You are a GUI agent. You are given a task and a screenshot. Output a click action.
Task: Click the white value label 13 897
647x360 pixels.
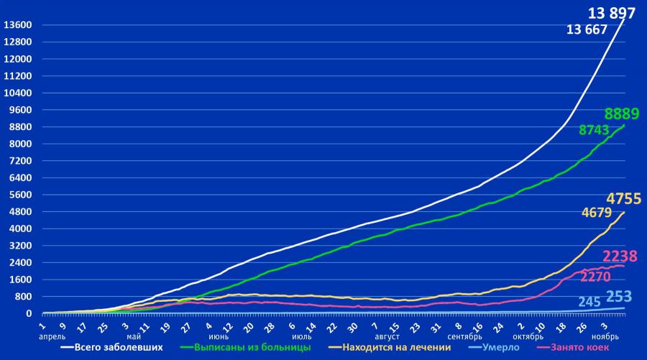(611, 13)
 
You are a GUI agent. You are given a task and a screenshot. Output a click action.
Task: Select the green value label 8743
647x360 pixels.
(594, 130)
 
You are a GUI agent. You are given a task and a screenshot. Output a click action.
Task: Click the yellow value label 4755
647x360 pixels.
(623, 198)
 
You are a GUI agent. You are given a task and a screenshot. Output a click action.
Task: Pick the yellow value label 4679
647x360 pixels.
(596, 213)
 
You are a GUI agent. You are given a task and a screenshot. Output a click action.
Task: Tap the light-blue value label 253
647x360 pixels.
(619, 297)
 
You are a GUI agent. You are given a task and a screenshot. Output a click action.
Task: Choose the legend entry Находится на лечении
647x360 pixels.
(396, 347)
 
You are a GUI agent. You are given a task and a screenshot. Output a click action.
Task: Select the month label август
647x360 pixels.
(385, 335)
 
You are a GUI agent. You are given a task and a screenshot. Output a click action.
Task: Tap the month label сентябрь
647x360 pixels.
(465, 335)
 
